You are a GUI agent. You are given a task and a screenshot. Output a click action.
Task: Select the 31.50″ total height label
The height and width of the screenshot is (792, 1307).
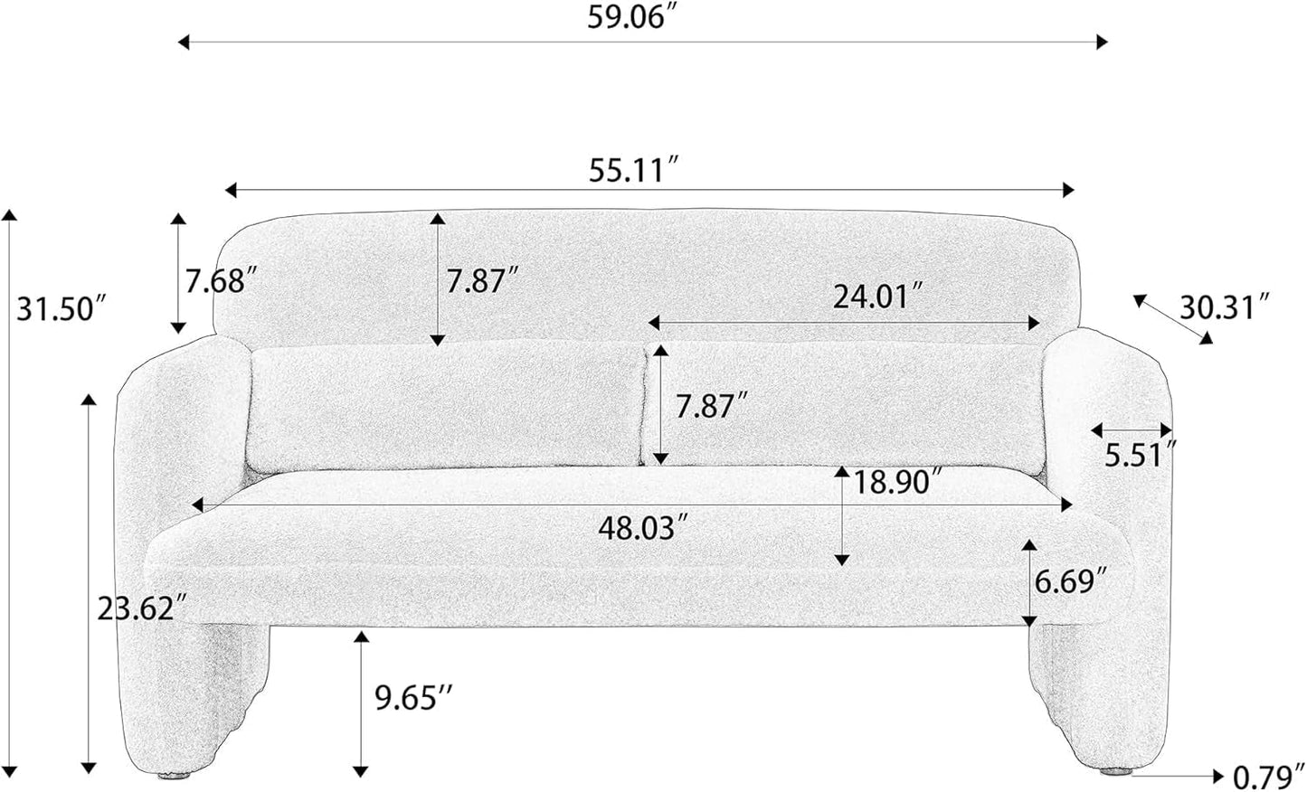click(x=63, y=308)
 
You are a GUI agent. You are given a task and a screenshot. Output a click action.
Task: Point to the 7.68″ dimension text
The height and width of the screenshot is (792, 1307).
click(x=221, y=280)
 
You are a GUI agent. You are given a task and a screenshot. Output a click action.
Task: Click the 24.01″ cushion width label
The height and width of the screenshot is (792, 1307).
click(x=879, y=297)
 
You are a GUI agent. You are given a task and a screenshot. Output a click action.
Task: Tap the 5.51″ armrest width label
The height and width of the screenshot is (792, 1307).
click(x=1141, y=456)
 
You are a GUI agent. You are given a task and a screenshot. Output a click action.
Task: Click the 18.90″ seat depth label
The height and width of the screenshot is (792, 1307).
click(x=898, y=482)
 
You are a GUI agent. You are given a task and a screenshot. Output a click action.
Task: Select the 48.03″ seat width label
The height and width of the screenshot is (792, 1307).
click(x=645, y=528)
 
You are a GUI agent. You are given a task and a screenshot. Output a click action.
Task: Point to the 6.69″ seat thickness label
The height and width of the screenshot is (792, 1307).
click(x=1070, y=580)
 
